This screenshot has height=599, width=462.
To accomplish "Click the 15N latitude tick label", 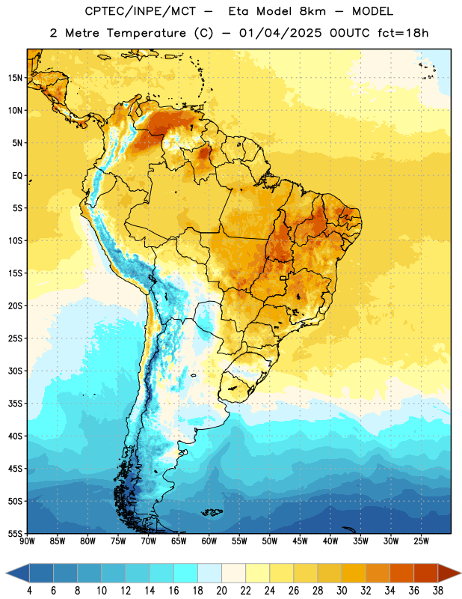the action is (15, 78).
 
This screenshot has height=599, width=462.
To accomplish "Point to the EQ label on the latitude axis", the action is (17, 176).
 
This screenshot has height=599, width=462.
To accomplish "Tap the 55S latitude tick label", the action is (15, 533).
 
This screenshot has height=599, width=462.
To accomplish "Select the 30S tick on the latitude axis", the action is (15, 371).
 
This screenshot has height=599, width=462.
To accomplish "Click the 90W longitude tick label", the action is (27, 541).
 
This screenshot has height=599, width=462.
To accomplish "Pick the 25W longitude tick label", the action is (421, 541).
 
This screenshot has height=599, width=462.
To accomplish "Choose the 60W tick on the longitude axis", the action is (209, 541).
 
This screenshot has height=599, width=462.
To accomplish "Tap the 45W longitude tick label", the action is (300, 541).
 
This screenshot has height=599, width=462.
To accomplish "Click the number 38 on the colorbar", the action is (437, 591).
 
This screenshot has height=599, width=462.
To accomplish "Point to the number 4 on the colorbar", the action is (29, 591).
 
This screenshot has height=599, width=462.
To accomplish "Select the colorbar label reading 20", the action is (221, 591).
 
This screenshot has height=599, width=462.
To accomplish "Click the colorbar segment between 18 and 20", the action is (209, 574).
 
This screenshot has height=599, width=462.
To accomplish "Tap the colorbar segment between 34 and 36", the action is (401, 574).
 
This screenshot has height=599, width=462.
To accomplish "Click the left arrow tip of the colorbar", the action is (6, 574).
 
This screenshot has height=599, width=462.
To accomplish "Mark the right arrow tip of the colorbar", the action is (461, 574).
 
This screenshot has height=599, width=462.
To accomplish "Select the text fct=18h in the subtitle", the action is (403, 33).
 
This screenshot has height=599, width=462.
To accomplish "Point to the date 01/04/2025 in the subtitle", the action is (280, 33).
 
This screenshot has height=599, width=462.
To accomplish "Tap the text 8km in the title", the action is (312, 11).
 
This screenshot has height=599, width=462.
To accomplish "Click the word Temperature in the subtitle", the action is (146, 33).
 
